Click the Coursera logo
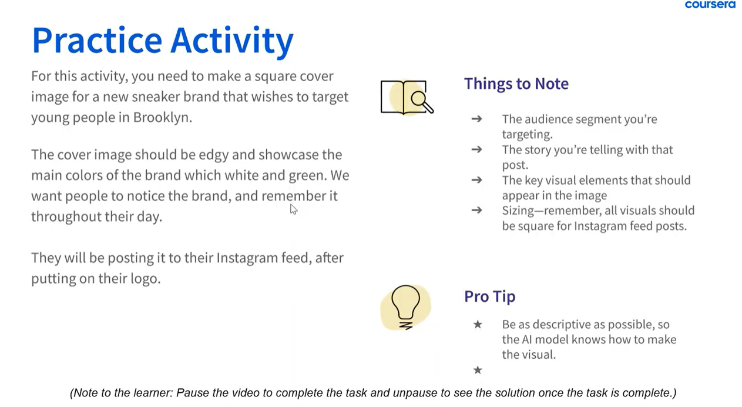(x=710, y=4)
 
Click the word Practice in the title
(x=97, y=41)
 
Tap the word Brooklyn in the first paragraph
(x=163, y=117)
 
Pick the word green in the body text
(x=307, y=176)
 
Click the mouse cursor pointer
(x=294, y=209)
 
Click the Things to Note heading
(x=516, y=84)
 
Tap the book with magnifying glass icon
(x=407, y=97)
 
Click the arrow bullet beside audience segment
(x=476, y=119)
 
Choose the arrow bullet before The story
(x=476, y=149)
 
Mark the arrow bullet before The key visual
(x=476, y=180)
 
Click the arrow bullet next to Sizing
(x=476, y=210)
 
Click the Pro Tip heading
(x=489, y=296)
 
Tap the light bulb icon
(x=405, y=308)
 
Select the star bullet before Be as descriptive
(x=478, y=324)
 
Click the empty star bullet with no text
(x=478, y=369)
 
